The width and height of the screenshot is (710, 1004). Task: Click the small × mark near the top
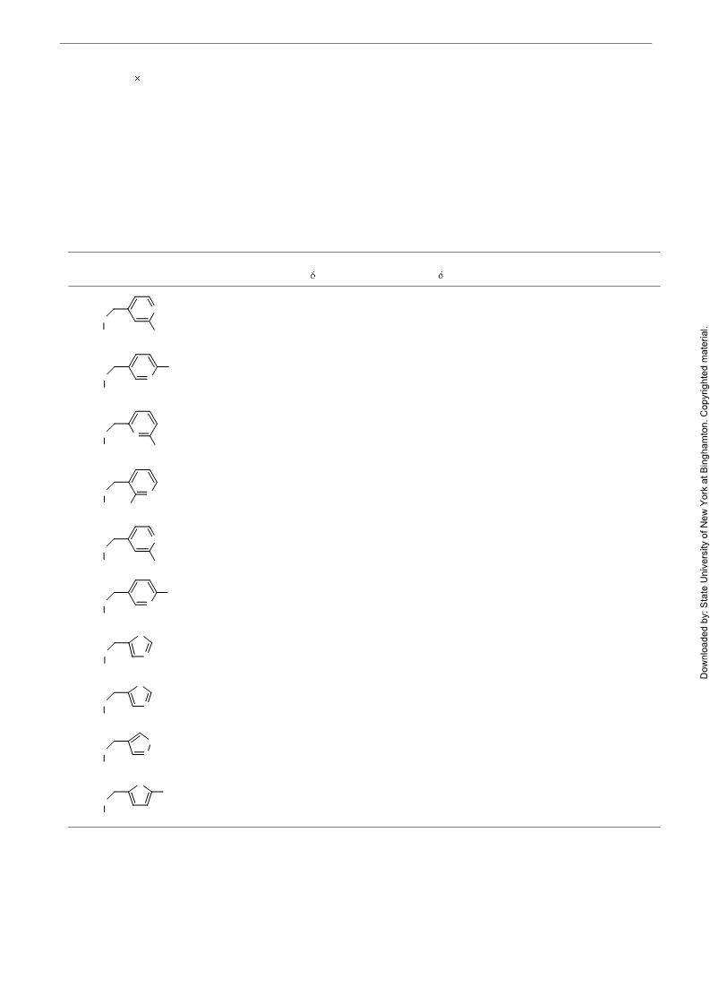point(137,78)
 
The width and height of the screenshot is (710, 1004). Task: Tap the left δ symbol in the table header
point(312,275)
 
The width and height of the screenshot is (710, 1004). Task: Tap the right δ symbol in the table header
point(441,275)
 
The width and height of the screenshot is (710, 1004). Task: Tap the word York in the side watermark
point(705,495)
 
